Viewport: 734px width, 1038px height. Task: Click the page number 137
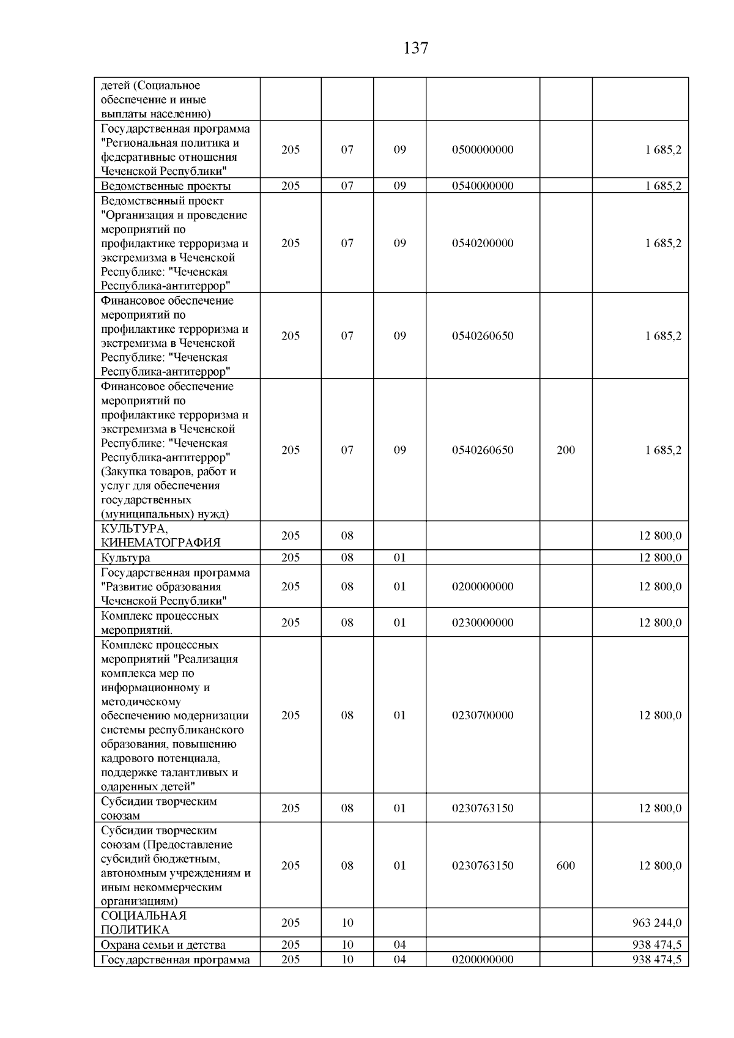416,48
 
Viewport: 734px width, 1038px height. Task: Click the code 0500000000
483,150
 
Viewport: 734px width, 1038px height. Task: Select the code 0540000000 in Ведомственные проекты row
483,186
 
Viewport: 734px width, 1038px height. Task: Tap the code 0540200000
483,243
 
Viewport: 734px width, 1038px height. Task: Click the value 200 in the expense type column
566,450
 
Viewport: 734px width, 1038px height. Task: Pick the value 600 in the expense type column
566,866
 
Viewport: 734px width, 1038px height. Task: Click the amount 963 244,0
657,922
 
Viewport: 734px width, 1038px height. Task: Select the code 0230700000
483,715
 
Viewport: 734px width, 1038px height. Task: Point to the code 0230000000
483,623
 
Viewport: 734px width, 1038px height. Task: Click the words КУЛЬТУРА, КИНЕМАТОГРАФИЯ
160,535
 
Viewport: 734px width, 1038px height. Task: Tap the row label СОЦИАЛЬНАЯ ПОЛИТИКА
144,922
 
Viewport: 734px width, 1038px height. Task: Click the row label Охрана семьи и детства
163,945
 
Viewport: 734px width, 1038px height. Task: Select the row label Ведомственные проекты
166,186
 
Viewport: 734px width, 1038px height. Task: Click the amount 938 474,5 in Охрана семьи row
657,945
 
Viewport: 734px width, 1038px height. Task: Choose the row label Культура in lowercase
125,558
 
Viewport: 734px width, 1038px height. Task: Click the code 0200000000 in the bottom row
483,960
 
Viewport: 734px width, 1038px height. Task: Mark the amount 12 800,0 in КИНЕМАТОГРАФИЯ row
660,536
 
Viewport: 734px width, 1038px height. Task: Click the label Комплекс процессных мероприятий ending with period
160,623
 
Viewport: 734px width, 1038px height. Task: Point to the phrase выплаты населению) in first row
156,114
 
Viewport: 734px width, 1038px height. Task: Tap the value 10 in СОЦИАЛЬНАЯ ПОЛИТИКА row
347,922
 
